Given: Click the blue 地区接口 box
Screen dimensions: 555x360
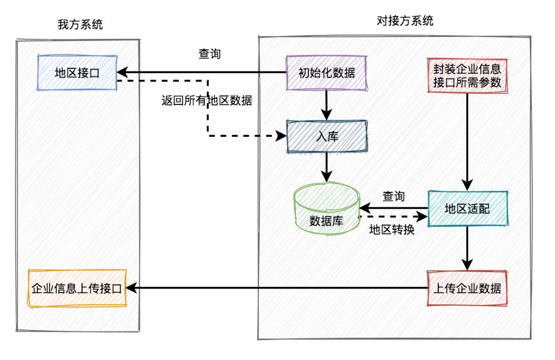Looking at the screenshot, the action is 77,73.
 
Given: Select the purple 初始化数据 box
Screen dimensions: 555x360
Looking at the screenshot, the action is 326,73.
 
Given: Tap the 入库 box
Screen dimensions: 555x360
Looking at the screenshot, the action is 327,136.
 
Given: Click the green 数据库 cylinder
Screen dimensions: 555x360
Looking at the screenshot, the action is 327,208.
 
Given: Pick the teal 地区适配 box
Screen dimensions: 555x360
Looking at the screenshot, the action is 468,208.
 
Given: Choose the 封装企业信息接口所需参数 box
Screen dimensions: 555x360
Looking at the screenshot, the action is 467,76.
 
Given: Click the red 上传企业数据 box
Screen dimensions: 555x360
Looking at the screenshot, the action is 467,288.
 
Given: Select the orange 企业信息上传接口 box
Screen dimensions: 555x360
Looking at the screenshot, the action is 77,288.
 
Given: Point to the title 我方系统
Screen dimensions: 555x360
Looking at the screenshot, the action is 80,25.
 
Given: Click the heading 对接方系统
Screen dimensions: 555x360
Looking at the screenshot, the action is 405,21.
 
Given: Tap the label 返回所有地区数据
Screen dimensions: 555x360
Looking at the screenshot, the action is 207,101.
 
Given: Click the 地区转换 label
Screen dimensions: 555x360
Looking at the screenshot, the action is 392,229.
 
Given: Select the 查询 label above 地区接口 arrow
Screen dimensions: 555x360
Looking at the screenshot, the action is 210,54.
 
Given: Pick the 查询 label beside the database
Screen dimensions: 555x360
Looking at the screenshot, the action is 394,196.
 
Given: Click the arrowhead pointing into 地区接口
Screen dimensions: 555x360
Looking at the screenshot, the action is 122,73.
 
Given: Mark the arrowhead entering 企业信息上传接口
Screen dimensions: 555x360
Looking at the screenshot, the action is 132,288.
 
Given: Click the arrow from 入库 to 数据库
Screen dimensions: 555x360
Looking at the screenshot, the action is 326,168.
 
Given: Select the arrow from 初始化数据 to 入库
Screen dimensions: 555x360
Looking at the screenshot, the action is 326,105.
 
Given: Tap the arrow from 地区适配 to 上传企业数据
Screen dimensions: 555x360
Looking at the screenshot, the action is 467,248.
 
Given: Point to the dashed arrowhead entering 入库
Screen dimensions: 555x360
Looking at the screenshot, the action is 282,136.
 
